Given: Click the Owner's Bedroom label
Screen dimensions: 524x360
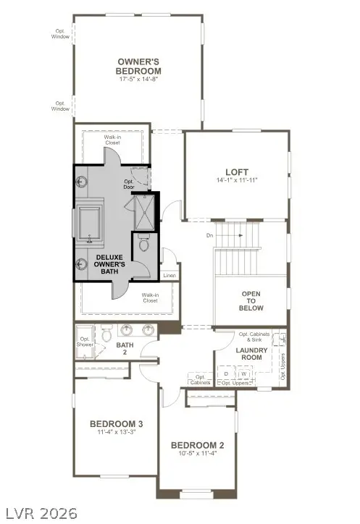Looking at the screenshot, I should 138,67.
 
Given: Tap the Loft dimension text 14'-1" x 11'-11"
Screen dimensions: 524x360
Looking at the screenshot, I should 236,179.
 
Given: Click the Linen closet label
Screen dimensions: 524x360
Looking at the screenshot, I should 169,275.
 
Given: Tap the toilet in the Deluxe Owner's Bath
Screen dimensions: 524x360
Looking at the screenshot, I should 143,246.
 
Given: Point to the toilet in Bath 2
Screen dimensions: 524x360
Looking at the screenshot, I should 106,334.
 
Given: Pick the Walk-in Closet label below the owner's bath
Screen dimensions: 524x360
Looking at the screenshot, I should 151,298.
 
